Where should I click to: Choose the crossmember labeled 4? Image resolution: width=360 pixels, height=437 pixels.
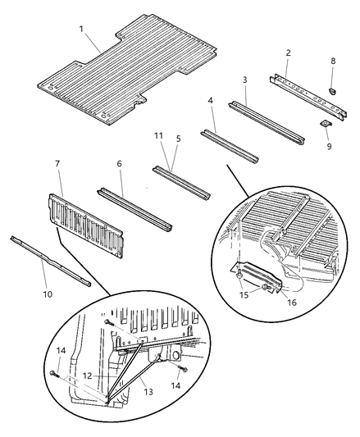(x=230, y=145)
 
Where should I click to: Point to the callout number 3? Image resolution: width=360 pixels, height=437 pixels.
(x=245, y=80)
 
